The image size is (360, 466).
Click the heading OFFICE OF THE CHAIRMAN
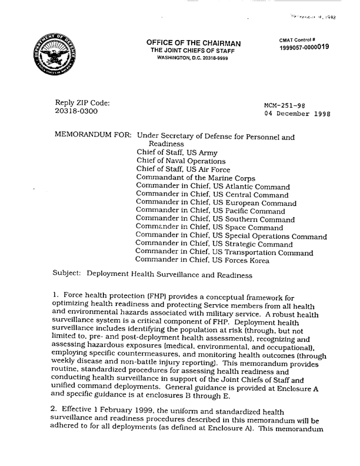point(185,43)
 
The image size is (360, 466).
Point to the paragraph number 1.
point(56,299)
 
